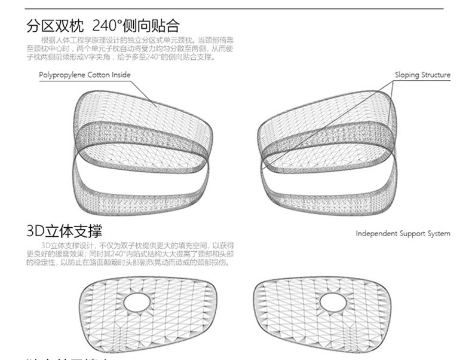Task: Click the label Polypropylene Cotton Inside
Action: pyautogui.click(x=84, y=75)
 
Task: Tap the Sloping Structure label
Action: pyautogui.click(x=422, y=75)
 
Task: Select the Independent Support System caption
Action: pyautogui.click(x=403, y=234)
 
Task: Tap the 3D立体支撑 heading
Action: pyautogui.click(x=64, y=231)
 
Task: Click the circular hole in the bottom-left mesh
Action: pyautogui.click(x=138, y=301)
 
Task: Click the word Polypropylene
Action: pyautogui.click(x=62, y=75)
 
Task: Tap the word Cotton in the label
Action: pyautogui.click(x=99, y=75)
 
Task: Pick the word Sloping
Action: pyautogui.click(x=407, y=75)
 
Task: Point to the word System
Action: pyautogui.click(x=439, y=234)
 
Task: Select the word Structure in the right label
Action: pyautogui.click(x=436, y=75)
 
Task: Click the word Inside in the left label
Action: pyautogui.click(x=121, y=75)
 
